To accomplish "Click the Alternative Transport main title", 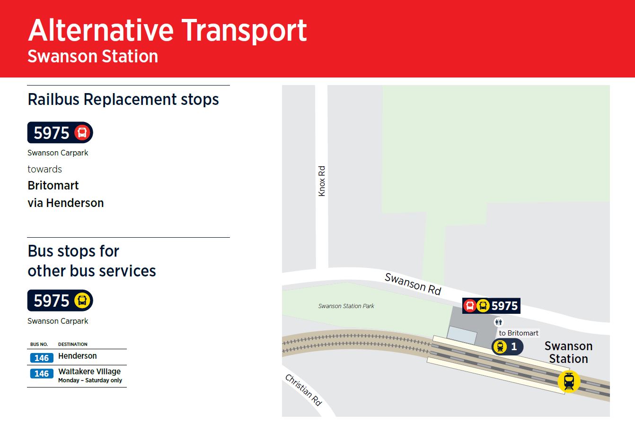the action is (x=167, y=31).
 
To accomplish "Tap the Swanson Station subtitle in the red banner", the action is (x=93, y=56).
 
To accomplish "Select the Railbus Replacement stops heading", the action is (x=123, y=99).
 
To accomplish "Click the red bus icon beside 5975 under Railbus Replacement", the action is (x=82, y=132).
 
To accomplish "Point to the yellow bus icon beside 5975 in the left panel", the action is (x=82, y=301).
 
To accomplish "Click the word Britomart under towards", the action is (x=53, y=186).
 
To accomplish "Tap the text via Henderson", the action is (x=65, y=203).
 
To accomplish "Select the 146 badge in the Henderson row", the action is (x=42, y=358).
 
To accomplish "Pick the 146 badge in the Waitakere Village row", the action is (x=42, y=373).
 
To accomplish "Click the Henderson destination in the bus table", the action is (x=78, y=356).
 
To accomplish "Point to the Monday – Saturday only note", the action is (x=90, y=380).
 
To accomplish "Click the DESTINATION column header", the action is (x=72, y=345).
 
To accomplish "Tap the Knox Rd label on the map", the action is (x=321, y=181).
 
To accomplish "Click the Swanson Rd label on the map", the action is (x=413, y=284).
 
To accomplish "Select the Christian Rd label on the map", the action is (x=303, y=390).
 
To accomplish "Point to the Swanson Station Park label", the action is (x=346, y=306).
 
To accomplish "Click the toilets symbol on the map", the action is (x=498, y=322).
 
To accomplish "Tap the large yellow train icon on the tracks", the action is (x=569, y=381).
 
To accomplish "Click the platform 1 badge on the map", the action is (x=507, y=346).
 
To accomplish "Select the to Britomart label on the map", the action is (x=519, y=333).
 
